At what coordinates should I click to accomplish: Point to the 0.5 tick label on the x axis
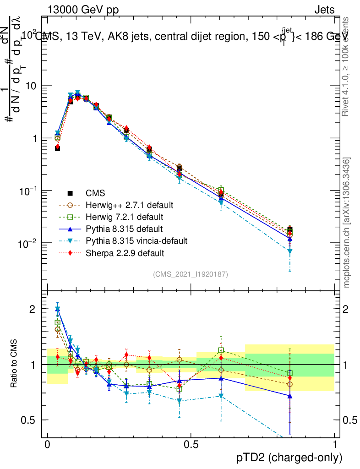[x=191, y=445]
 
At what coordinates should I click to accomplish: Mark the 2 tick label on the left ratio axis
[x=33, y=309]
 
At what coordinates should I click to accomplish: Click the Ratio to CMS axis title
[x=14, y=365]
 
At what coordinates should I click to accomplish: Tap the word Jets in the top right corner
[x=324, y=10]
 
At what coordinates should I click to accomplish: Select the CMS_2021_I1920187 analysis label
[x=190, y=274]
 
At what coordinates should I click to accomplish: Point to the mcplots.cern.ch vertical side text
[x=347, y=223]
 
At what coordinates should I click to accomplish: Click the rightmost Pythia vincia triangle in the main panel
[x=290, y=251]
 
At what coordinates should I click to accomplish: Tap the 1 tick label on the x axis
[x=334, y=445]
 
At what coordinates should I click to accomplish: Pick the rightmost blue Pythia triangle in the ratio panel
[x=290, y=396]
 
